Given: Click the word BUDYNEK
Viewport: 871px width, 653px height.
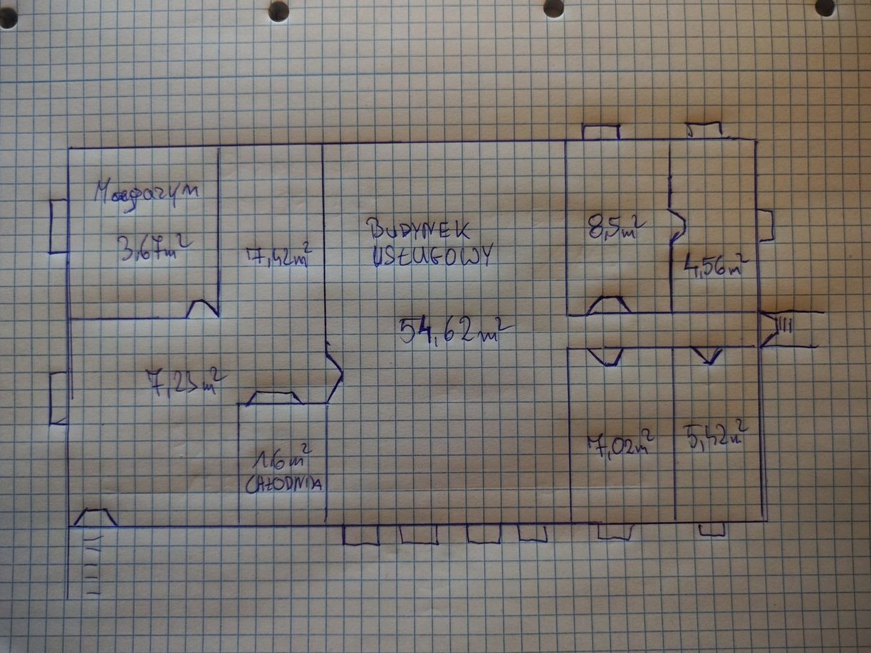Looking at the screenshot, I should pyautogui.click(x=417, y=229).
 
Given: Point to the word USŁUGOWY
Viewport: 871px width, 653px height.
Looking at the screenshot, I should pyautogui.click(x=432, y=255).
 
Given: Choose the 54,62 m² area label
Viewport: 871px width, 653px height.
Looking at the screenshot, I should pyautogui.click(x=454, y=330).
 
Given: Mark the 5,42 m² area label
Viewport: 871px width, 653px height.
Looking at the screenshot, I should pyautogui.click(x=715, y=435).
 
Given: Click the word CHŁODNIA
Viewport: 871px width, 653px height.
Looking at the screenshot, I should pyautogui.click(x=283, y=485).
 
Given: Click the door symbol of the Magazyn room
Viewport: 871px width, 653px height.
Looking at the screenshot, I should pyautogui.click(x=203, y=309).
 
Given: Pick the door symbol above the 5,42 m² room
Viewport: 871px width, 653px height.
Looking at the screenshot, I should pyautogui.click(x=710, y=355).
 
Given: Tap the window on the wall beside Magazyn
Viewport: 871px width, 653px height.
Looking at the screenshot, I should pyautogui.click(x=58, y=226).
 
